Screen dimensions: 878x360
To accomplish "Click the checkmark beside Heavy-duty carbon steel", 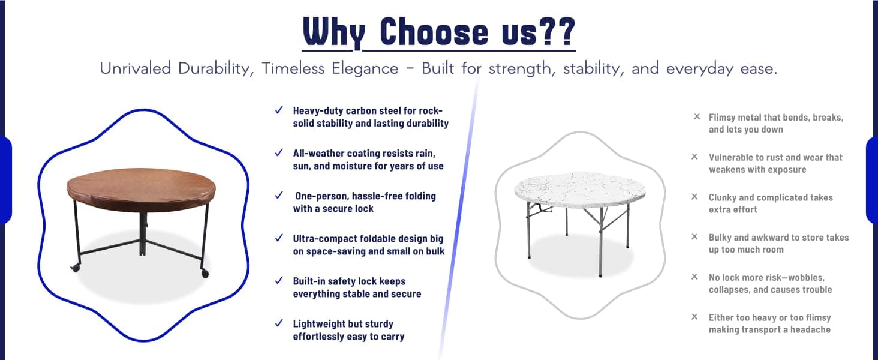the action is (279, 110).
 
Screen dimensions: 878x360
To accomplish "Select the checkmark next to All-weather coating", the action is (279, 153).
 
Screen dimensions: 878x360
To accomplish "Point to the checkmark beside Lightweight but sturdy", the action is (279, 323).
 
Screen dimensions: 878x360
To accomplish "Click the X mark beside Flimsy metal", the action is (696, 116).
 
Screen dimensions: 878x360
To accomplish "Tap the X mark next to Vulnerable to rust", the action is (694, 157).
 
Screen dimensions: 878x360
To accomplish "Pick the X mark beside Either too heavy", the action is (694, 316).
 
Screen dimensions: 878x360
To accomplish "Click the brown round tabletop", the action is (142, 189).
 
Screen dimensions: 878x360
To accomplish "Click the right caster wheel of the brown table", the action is (205, 274).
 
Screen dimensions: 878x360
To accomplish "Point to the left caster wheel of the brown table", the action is (75, 268).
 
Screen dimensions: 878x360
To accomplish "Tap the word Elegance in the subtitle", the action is (365, 68).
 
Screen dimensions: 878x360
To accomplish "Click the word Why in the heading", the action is (334, 33).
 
